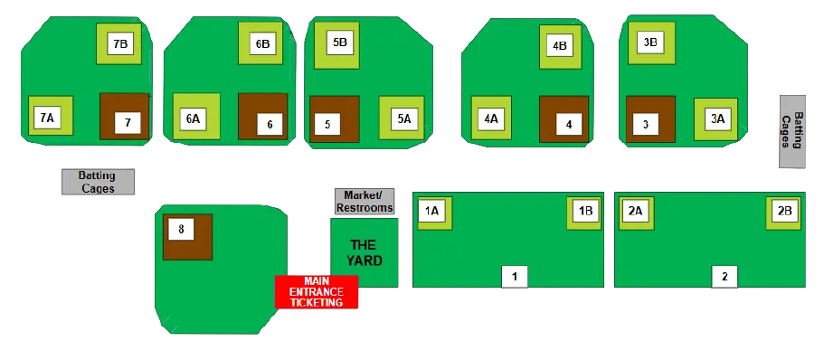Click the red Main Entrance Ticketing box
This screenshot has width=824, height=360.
[x=317, y=292]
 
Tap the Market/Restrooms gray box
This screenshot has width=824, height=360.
[x=365, y=202]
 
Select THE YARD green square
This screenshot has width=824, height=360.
[x=363, y=252]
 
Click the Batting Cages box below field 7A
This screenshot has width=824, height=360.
[x=98, y=182]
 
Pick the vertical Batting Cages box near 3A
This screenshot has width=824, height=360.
[x=791, y=133]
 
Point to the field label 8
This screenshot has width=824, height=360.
[x=181, y=230]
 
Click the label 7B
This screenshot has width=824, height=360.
[x=121, y=43]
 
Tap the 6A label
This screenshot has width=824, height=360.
[x=193, y=118]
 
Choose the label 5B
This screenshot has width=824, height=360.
[x=339, y=43]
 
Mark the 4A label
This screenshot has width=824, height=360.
[x=491, y=118]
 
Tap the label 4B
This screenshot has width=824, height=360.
[x=559, y=45]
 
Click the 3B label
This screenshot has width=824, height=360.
[x=649, y=43]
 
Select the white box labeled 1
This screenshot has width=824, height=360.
[x=514, y=277]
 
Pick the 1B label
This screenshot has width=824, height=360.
[x=585, y=211]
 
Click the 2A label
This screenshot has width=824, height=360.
[x=635, y=211]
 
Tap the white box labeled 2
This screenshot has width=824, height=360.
[x=724, y=277]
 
